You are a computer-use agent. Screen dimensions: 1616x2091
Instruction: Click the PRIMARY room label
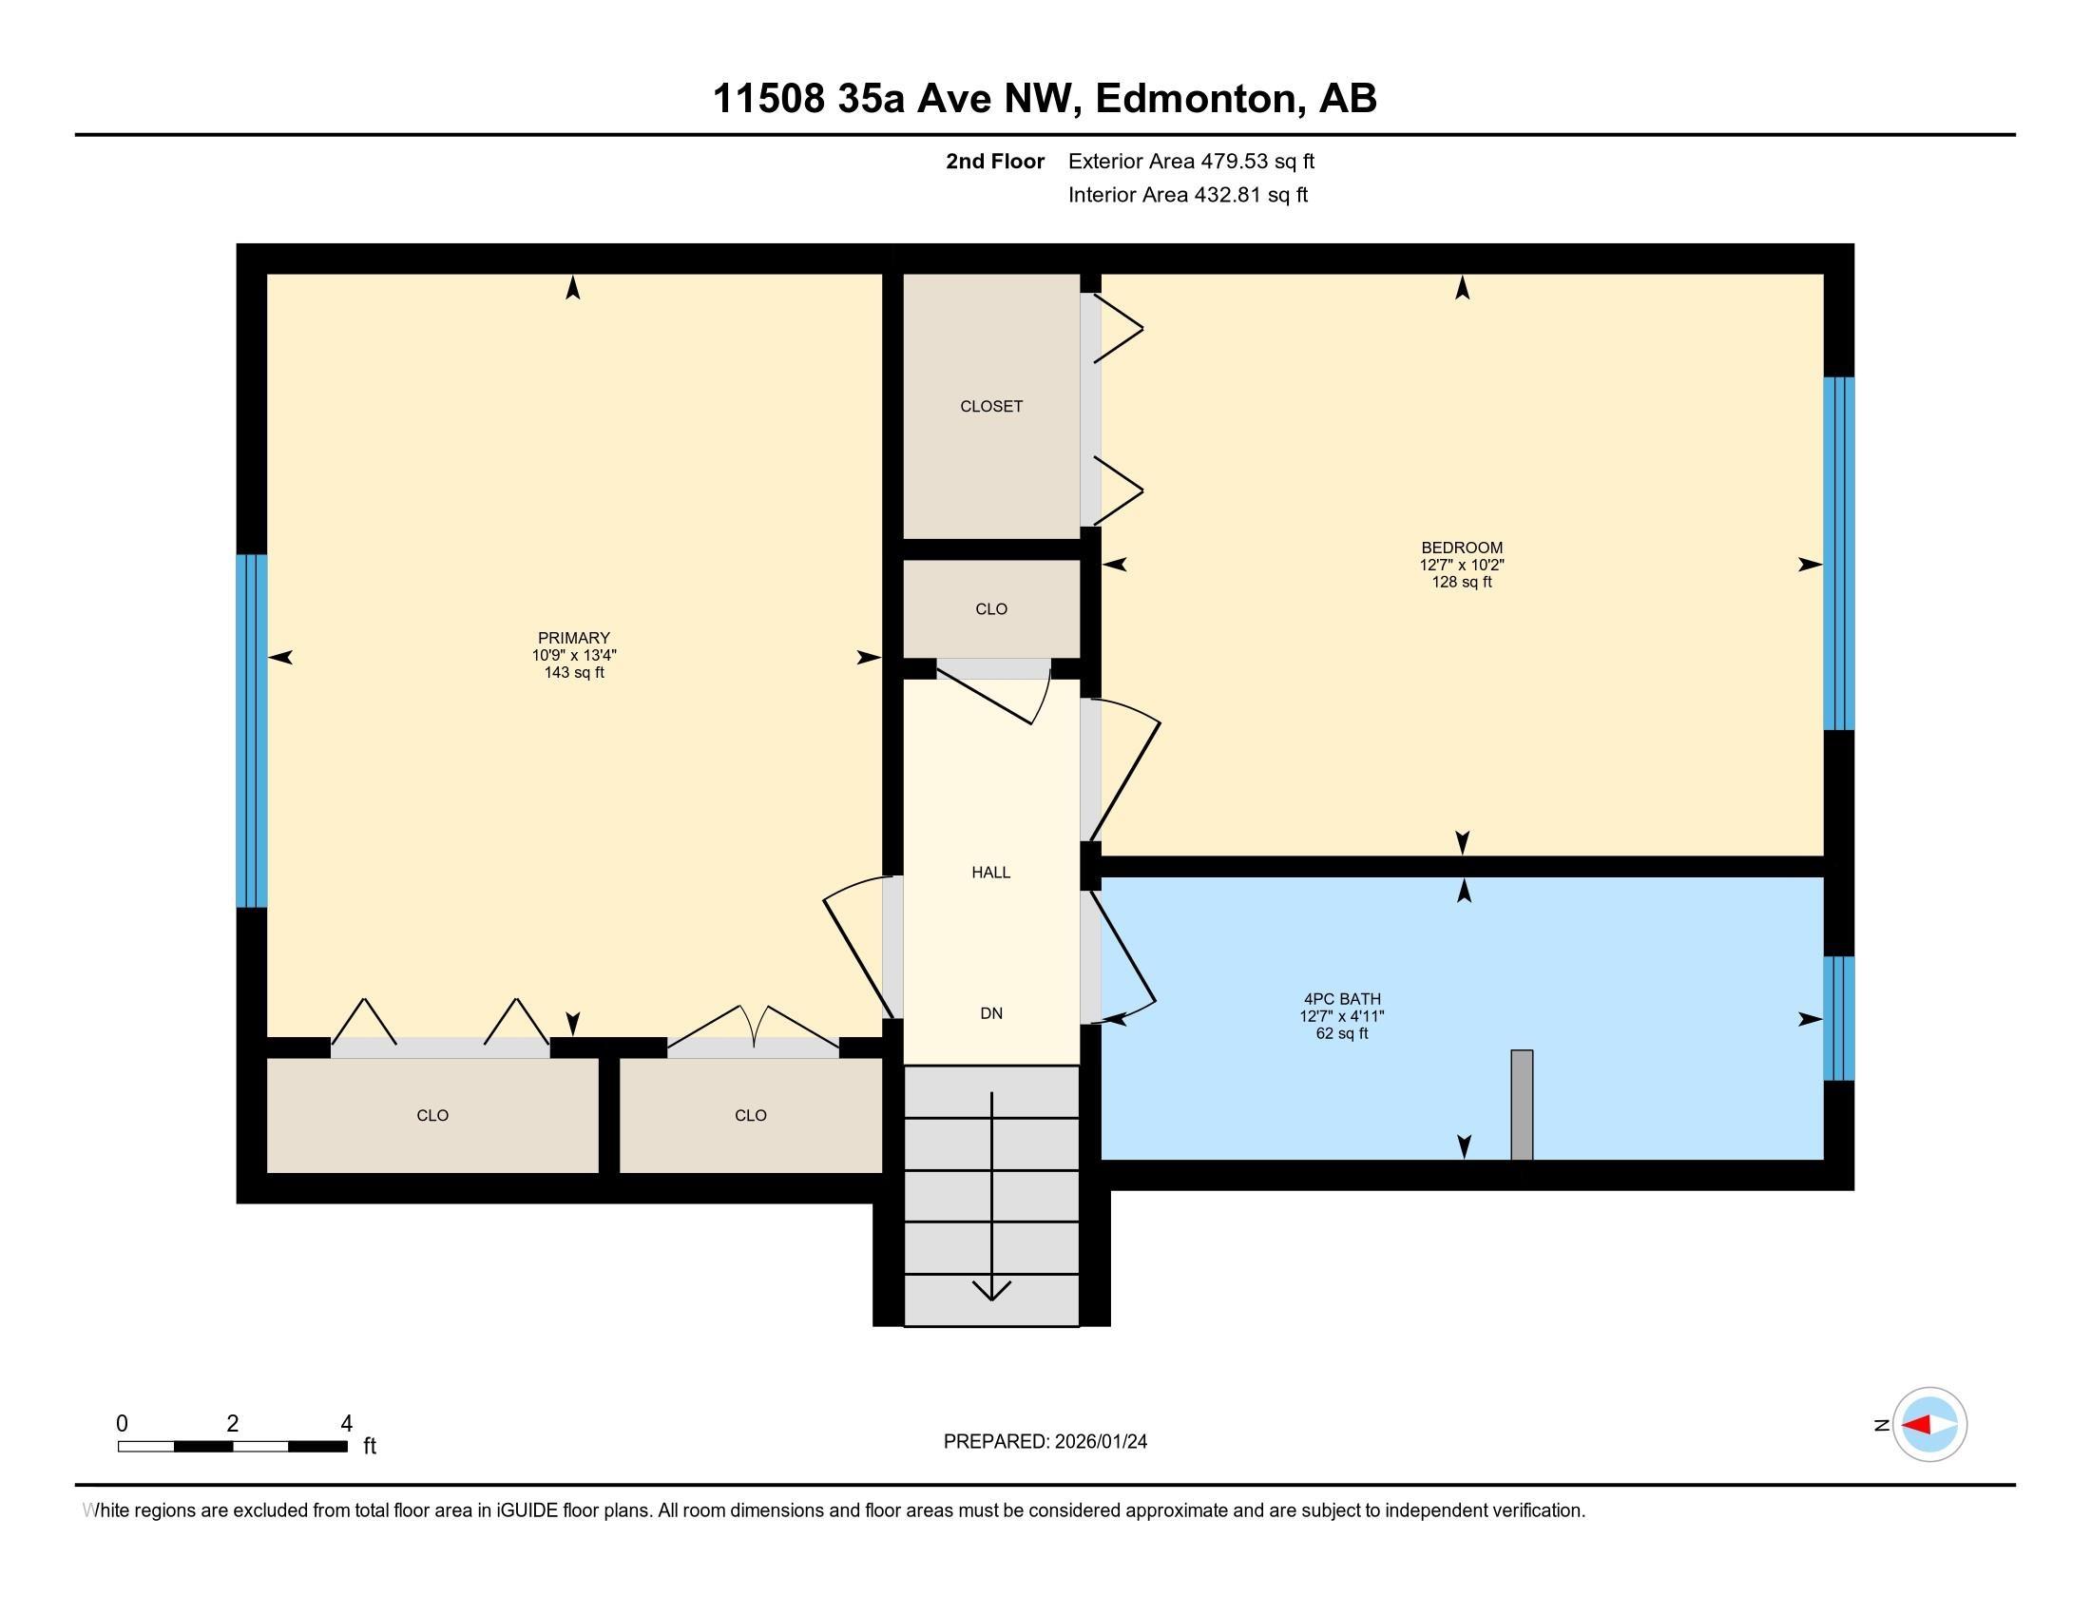[x=573, y=638]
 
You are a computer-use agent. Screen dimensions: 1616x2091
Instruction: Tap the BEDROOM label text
[x=1461, y=548]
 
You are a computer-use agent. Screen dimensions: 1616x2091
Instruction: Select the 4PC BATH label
[x=1341, y=998]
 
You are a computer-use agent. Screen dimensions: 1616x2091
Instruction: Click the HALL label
[x=991, y=872]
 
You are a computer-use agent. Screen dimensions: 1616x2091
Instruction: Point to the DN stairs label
[x=991, y=1013]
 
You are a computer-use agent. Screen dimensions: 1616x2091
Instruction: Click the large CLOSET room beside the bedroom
[x=991, y=406]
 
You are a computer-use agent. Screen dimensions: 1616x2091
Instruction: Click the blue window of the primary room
[x=252, y=730]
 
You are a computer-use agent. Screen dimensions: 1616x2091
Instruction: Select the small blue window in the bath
[x=1838, y=1018]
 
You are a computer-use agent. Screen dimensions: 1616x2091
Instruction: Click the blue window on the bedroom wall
[x=1838, y=553]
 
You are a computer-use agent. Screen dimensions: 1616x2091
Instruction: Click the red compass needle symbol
[x=1917, y=1425]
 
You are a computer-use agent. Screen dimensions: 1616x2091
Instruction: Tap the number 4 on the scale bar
[x=347, y=1424]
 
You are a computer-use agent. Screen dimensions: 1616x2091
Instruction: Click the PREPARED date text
[x=1045, y=1442]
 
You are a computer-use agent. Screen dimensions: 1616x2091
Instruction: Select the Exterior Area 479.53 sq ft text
[x=1191, y=161]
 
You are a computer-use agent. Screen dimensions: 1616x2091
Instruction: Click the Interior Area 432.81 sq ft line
[x=1187, y=194]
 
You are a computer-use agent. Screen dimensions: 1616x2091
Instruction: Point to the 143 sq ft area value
[x=573, y=672]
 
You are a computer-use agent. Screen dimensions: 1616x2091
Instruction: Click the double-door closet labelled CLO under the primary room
[x=750, y=1115]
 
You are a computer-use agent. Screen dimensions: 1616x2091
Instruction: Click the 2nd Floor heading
[x=994, y=161]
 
